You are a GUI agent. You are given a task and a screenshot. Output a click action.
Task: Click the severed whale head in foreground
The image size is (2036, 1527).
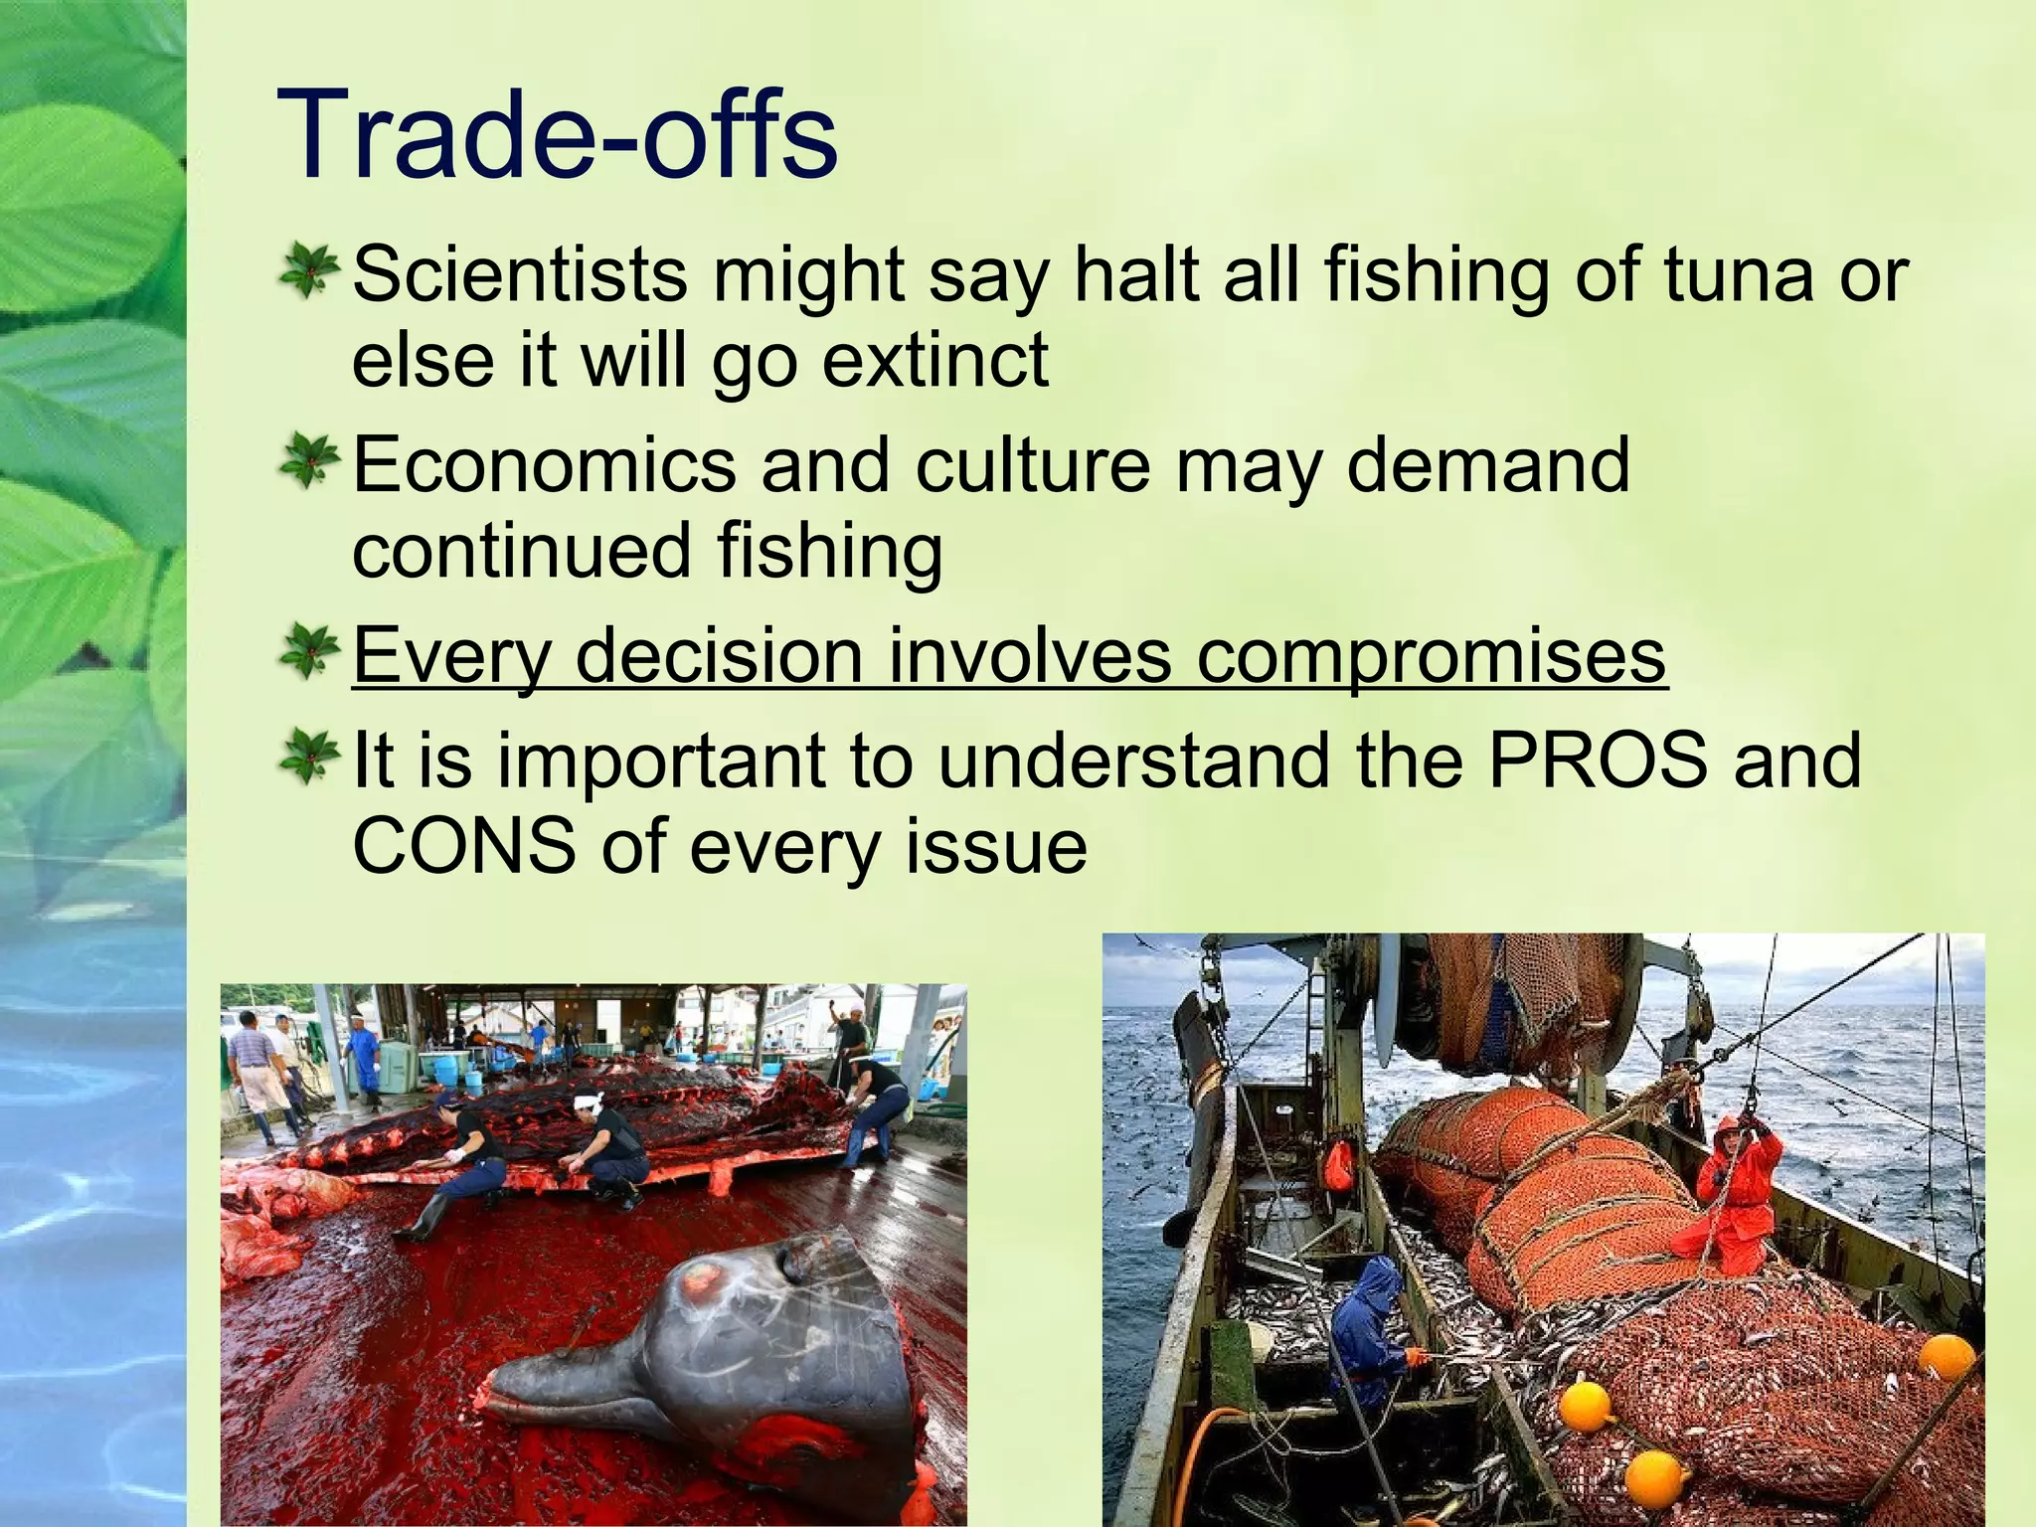[716, 1352]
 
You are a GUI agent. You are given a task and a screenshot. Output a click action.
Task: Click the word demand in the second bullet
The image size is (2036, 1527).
[1487, 465]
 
